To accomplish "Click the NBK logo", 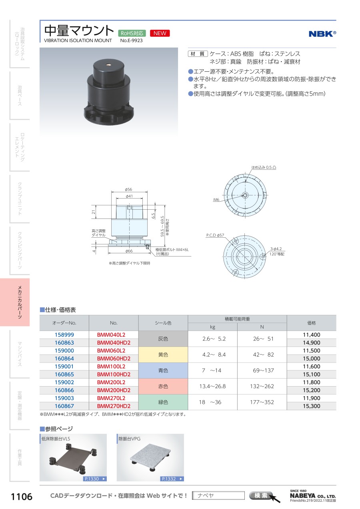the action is pos(322,34).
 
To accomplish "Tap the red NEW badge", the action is pos(160,33).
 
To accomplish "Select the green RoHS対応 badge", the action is pos(132,33).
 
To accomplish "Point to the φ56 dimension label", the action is pos(128,189).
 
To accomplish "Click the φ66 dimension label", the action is pos(129,251).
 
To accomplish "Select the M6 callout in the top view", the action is pos(216,200).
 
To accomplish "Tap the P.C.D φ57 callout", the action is pos(215,235).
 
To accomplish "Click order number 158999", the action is pos(64,335).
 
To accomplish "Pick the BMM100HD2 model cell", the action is pos(114,374).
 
